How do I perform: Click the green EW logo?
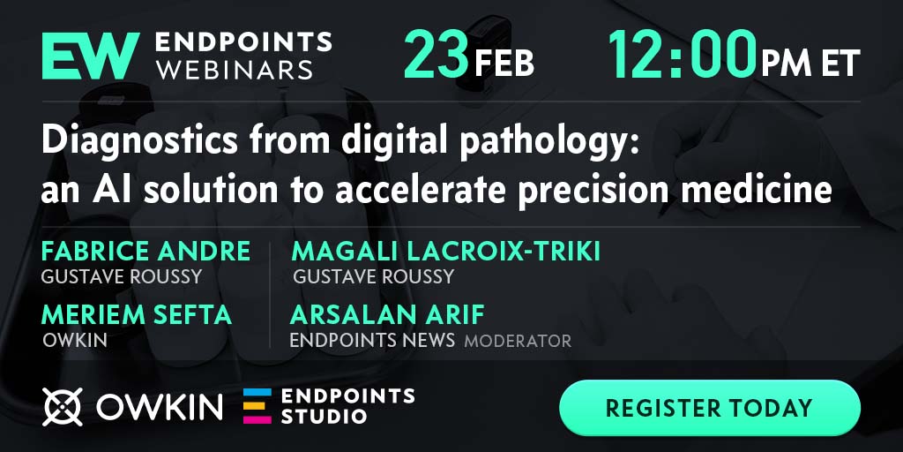[x=91, y=56]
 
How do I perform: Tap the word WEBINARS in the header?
[x=235, y=70]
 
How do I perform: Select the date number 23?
[x=436, y=54]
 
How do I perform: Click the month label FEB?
[x=504, y=64]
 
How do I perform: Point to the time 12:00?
[x=682, y=54]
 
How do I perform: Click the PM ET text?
[x=810, y=64]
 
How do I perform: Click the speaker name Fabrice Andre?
[x=146, y=251]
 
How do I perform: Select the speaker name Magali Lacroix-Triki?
[x=445, y=251]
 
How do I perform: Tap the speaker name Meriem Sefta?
[x=137, y=315]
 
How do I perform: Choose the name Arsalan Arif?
[x=387, y=315]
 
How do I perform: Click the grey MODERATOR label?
[x=518, y=341]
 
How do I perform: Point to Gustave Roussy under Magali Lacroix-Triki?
[x=373, y=276]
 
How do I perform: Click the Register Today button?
[x=710, y=408]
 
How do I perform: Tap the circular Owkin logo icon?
[x=63, y=407]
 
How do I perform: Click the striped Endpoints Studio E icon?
[x=257, y=406]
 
